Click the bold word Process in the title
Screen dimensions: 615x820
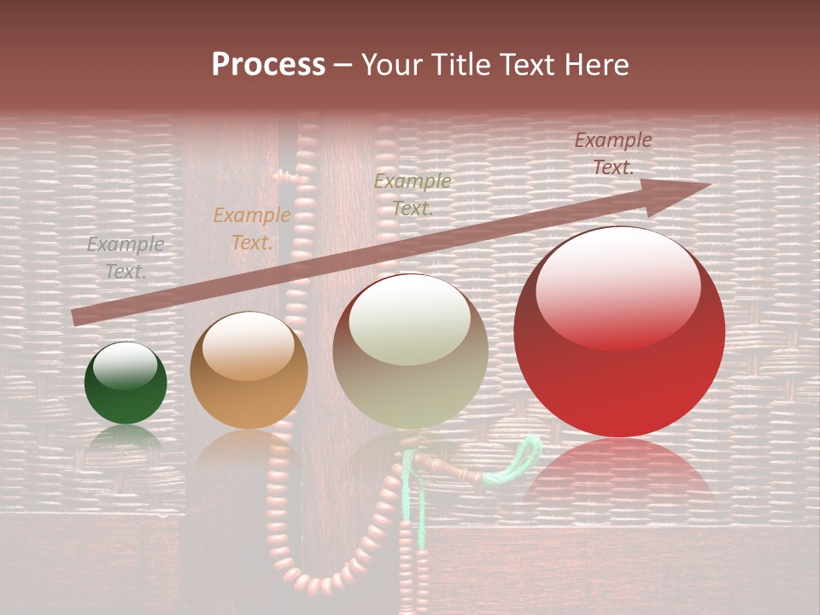tap(268, 65)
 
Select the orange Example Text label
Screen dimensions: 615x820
tap(251, 229)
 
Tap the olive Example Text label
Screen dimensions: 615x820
tap(413, 194)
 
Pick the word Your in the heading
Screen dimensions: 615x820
tap(388, 65)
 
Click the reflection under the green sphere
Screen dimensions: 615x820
tap(126, 437)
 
